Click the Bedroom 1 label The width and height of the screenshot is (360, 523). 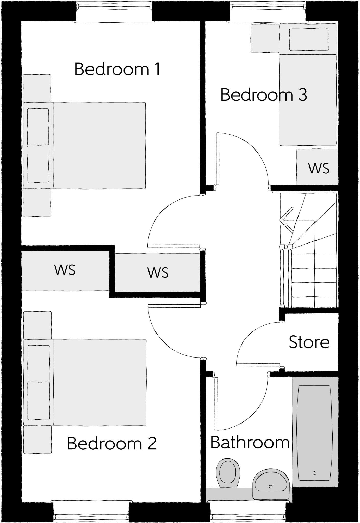[117, 69]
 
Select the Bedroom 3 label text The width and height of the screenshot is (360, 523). [264, 95]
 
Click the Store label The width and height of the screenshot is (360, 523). [309, 342]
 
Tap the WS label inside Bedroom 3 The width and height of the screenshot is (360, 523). [319, 168]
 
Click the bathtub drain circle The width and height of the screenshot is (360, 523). [314, 473]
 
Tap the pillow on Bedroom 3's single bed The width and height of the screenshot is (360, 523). [309, 40]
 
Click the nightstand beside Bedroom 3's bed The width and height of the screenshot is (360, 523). [265, 38]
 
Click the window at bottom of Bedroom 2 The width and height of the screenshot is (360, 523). [91, 512]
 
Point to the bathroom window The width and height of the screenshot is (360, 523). [248, 512]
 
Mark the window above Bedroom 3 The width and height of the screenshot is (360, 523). [268, 11]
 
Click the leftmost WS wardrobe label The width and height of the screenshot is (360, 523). [65, 270]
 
